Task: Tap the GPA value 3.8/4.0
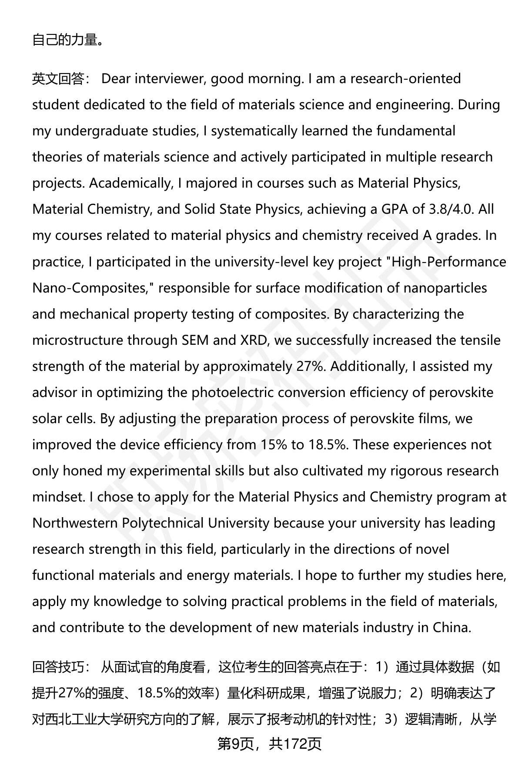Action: (x=450, y=209)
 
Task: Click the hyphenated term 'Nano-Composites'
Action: (x=90, y=288)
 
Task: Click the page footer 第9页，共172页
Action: (x=269, y=744)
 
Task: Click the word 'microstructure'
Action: (x=78, y=340)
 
